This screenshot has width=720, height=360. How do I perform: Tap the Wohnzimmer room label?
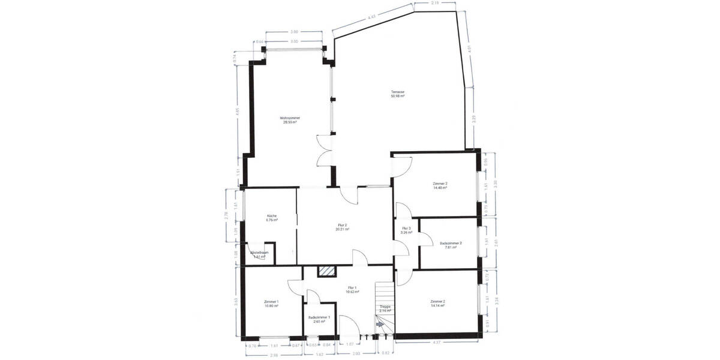tap(290, 118)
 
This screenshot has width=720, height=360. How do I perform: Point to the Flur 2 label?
tap(343, 225)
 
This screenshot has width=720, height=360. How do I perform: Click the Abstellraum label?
tap(259, 253)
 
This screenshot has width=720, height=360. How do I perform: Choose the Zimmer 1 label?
tap(272, 301)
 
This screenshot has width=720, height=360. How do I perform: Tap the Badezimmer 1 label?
tap(319, 317)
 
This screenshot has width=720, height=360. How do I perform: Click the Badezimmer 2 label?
tap(451, 243)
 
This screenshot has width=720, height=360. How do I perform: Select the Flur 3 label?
tap(406, 228)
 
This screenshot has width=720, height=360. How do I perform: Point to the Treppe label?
tap(385, 306)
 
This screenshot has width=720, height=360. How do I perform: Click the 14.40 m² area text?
tap(440, 188)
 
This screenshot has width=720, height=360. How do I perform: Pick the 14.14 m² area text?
tap(438, 305)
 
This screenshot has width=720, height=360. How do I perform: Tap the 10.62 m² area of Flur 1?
tap(353, 292)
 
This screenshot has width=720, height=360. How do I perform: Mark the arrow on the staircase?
tap(379, 324)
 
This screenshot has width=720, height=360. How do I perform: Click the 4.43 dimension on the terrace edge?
tap(372, 18)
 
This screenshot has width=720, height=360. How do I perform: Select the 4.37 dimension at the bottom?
tap(437, 343)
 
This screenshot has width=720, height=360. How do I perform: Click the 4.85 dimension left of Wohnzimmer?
tap(237, 110)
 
